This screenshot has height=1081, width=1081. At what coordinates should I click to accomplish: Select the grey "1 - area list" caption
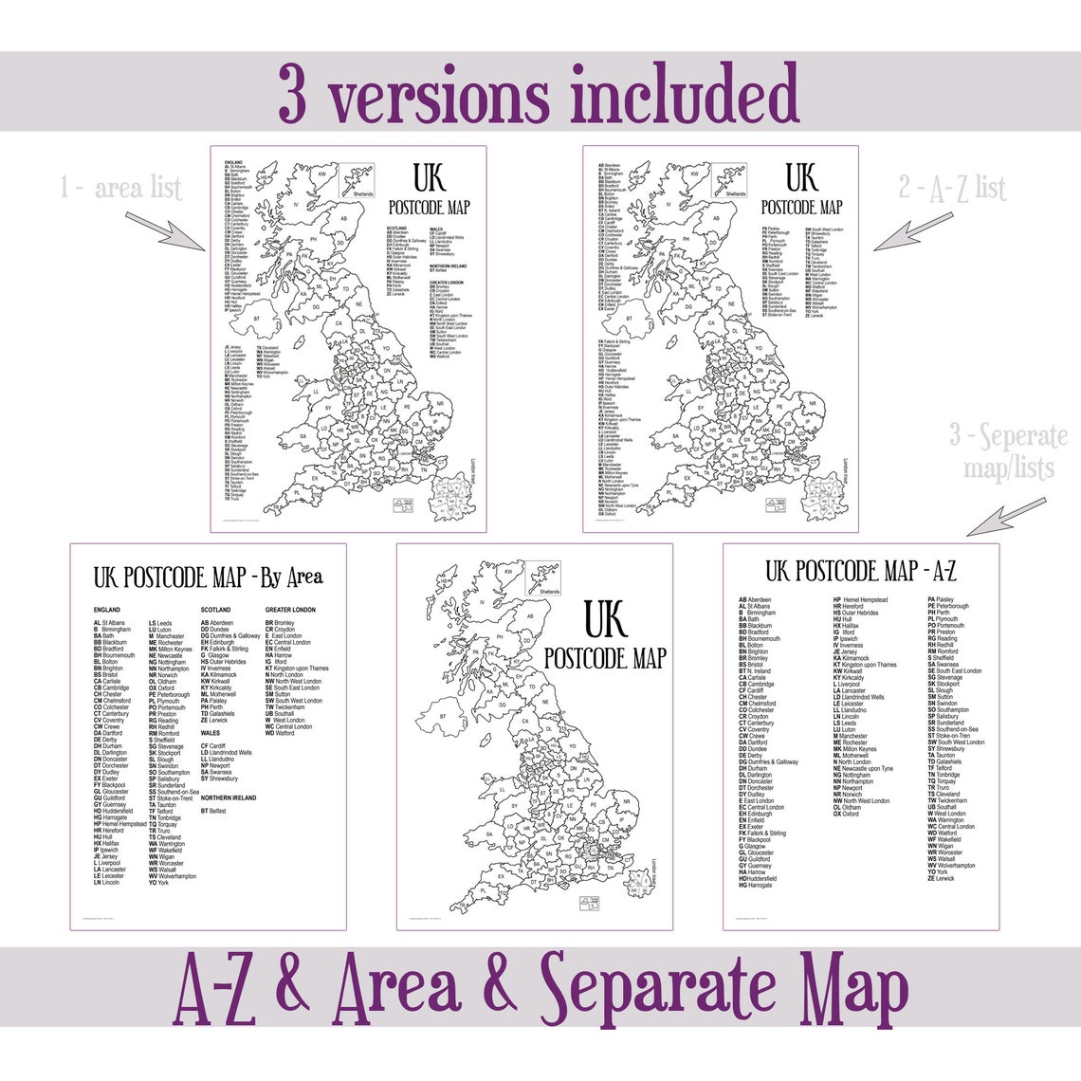coord(121,187)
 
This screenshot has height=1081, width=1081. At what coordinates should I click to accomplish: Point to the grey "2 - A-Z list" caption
coord(953,187)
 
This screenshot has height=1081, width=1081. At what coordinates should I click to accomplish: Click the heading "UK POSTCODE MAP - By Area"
coord(208,577)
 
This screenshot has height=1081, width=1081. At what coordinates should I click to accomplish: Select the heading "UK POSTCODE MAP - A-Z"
coord(861,571)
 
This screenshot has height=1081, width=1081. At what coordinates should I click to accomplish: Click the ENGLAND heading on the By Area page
coord(107,610)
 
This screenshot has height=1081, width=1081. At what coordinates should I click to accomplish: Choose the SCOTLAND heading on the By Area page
coord(216,610)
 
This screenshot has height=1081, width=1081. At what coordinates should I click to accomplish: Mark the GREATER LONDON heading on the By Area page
coord(290,610)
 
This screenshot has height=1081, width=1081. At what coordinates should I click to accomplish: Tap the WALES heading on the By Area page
coord(211,733)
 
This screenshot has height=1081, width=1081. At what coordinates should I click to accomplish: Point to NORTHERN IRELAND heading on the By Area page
coord(229,798)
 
